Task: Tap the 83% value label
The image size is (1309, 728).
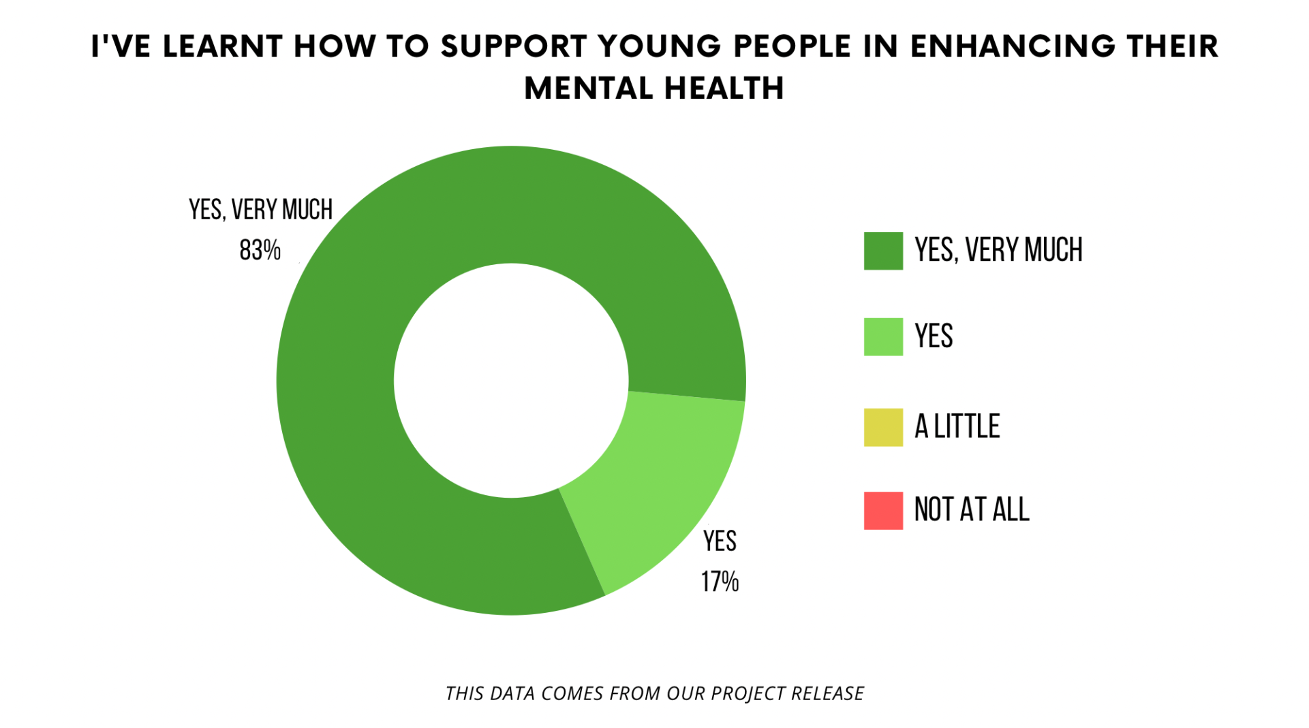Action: [260, 251]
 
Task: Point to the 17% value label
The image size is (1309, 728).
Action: [720, 582]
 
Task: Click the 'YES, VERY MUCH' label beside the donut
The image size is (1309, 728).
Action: [260, 210]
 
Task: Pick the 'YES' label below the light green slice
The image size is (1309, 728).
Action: [720, 541]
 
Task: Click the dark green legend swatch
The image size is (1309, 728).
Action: [883, 251]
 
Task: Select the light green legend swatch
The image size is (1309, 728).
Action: [883, 336]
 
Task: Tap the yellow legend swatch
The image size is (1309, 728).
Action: [883, 427]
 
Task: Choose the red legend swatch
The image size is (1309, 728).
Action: [883, 510]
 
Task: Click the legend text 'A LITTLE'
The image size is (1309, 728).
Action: [957, 427]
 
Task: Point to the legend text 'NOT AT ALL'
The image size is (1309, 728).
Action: [971, 510]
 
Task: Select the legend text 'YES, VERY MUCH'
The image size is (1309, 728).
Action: [998, 251]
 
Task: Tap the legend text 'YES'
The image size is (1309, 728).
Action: [934, 336]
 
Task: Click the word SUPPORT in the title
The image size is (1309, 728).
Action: [513, 46]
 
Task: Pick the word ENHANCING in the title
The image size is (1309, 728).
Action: [1013, 46]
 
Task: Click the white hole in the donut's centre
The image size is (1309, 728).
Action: [511, 381]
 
